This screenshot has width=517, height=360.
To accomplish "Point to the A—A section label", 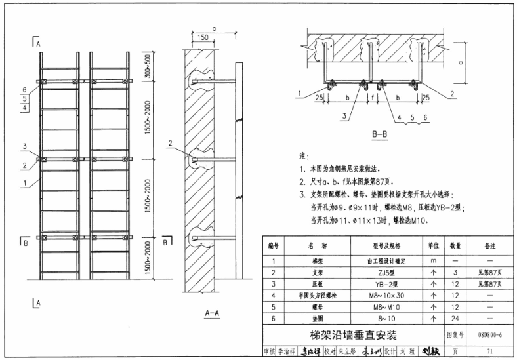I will pyautogui.click(x=211, y=313).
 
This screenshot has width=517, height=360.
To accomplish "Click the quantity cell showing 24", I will pyautogui.click(x=455, y=319).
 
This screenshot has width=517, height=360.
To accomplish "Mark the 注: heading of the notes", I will pyautogui.click(x=303, y=157).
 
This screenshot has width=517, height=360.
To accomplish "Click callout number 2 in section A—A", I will pyautogui.click(x=169, y=142).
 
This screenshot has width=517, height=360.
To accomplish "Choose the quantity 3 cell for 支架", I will pyautogui.click(x=455, y=271).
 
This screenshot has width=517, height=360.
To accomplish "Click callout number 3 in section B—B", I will pyautogui.click(x=342, y=117).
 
